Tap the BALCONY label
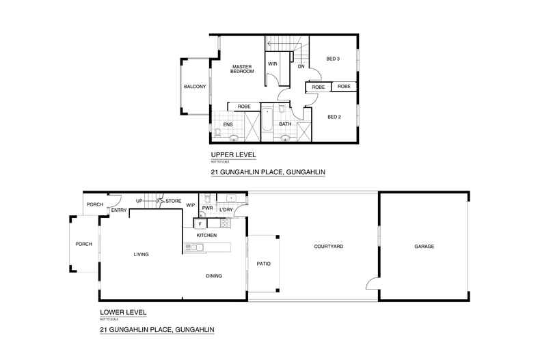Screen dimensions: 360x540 [x=195, y=87]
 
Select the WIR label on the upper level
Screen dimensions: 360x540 [x=271, y=64]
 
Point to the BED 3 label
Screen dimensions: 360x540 [x=334, y=59]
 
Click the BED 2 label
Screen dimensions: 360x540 [x=334, y=117]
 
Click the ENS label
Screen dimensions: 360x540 [x=227, y=124]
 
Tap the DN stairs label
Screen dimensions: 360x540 [x=301, y=66]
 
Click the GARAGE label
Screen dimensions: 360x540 [x=424, y=246]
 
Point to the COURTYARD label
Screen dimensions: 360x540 [x=328, y=246]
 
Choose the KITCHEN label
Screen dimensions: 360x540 [x=206, y=235]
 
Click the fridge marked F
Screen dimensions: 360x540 [x=200, y=223]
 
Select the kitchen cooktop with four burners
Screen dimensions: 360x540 [x=225, y=223]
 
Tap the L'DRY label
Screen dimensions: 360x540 [x=226, y=209]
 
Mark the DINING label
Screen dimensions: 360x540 [x=215, y=276]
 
